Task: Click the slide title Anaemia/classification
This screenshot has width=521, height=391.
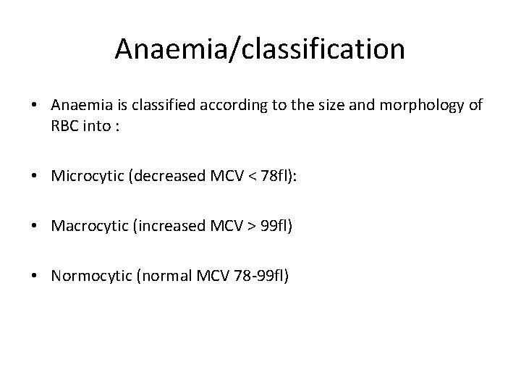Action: [x=260, y=49]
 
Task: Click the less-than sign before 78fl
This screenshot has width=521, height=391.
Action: [x=258, y=177]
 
